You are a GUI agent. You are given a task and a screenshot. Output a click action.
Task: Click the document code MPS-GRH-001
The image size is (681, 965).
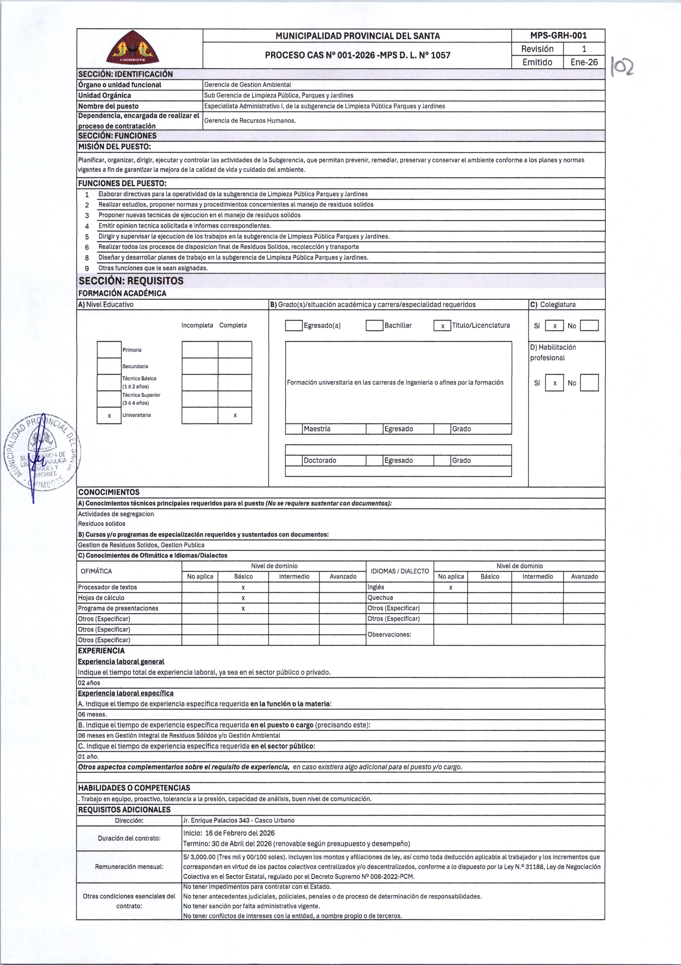(558, 36)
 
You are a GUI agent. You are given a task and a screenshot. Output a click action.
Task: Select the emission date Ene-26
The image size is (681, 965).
(584, 62)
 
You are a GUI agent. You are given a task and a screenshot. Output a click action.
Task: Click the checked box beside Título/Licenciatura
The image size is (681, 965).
(442, 326)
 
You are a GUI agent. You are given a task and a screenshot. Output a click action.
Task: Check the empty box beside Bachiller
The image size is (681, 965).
(374, 326)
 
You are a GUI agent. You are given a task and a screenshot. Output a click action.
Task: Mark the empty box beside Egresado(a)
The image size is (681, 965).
(294, 326)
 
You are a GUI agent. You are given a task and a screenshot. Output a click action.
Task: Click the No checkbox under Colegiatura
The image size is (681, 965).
(589, 326)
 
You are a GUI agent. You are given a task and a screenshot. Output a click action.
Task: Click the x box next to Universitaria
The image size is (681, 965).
(109, 415)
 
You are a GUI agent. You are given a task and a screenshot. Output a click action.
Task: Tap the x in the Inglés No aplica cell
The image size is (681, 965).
(451, 587)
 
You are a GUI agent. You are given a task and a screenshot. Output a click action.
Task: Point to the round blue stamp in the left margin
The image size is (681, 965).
(42, 454)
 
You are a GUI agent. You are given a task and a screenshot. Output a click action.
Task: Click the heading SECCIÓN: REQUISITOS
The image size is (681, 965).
(131, 281)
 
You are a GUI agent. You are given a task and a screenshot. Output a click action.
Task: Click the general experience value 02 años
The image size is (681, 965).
(89, 683)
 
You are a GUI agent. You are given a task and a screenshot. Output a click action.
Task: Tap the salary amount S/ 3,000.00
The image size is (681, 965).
(199, 857)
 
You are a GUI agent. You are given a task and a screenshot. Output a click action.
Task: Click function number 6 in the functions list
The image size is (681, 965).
(87, 247)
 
